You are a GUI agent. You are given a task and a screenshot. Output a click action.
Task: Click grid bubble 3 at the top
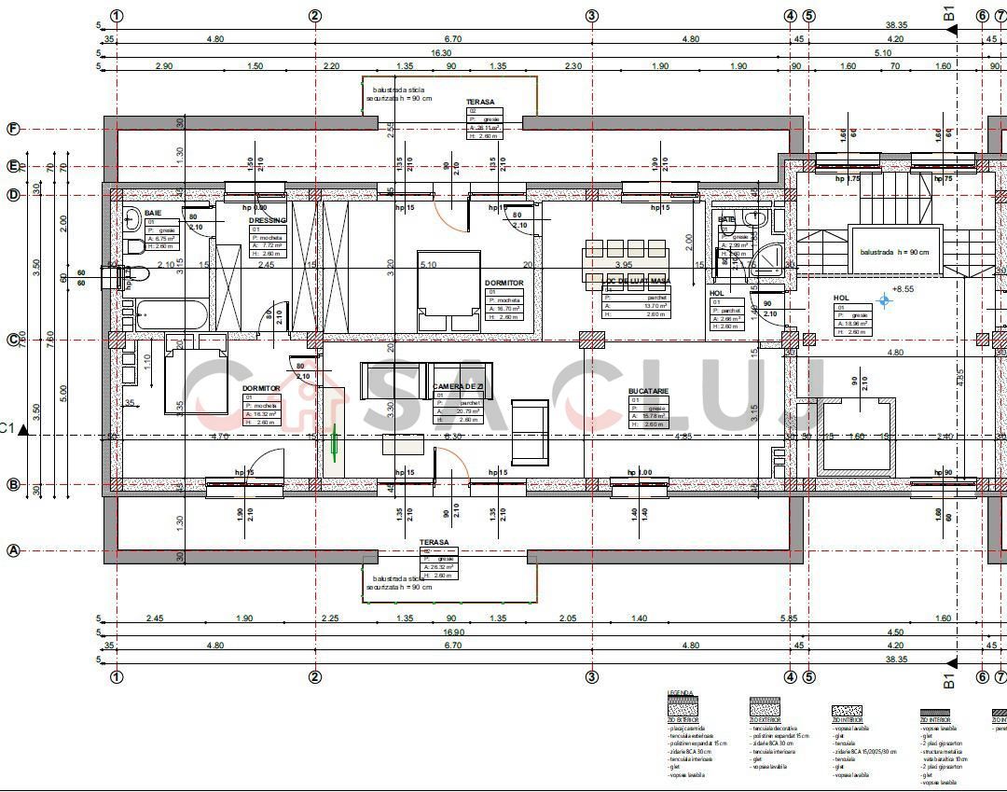click(591, 15)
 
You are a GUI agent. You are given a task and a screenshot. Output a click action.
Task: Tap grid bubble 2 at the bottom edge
click(315, 676)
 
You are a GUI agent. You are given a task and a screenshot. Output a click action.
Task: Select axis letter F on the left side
click(13, 130)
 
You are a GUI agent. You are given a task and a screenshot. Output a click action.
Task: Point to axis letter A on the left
click(13, 550)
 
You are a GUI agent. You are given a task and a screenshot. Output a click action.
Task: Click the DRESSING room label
click(267, 221)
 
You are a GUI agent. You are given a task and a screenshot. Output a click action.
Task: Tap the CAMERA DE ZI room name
click(458, 386)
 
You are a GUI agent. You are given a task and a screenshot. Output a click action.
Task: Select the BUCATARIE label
click(648, 392)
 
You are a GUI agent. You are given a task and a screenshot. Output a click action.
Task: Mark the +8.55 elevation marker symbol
click(885, 300)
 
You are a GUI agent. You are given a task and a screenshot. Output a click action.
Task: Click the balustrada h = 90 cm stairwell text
click(894, 253)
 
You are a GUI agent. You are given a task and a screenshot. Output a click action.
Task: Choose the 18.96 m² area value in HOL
click(860, 324)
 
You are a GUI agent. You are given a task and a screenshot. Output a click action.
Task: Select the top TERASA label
click(480, 103)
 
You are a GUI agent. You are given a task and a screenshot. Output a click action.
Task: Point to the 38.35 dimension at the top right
click(896, 25)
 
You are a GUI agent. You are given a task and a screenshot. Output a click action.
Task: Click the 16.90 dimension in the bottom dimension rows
click(453, 632)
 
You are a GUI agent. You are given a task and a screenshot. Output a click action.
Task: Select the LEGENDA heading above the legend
click(681, 693)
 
